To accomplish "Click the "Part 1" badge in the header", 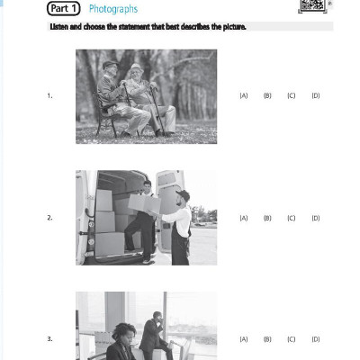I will coord(65,9).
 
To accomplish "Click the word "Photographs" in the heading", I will coord(113,9).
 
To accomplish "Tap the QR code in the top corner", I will coord(310,7).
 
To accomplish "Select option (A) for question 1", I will coord(243,95).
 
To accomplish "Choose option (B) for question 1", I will coord(267,95).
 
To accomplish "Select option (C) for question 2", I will coord(292,218).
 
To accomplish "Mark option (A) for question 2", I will coord(243,218).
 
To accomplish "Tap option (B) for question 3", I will coord(267,339).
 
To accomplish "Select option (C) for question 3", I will coord(292,339).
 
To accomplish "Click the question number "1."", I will coord(49,95).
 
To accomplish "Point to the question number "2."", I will coord(49,218).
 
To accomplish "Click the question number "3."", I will coord(49,339).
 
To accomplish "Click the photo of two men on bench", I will coord(146,96).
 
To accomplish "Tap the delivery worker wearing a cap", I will coord(181,225).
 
